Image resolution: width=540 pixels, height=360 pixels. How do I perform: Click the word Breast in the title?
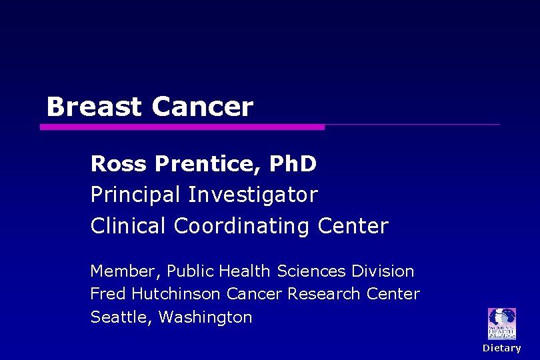94,107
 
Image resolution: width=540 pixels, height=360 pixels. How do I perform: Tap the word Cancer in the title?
203,107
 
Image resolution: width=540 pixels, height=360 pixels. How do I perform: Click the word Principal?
136,195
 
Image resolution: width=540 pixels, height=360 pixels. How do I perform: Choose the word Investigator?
253,195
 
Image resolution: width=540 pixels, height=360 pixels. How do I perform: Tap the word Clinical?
129,226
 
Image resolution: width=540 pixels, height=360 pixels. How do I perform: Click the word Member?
125,271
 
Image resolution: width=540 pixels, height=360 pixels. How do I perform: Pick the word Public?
190,271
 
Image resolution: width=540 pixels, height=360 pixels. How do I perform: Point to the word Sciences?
312,271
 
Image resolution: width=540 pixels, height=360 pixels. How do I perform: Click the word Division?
383,271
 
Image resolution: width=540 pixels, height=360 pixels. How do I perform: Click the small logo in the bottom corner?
502,323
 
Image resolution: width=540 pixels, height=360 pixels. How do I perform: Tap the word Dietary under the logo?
502,348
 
